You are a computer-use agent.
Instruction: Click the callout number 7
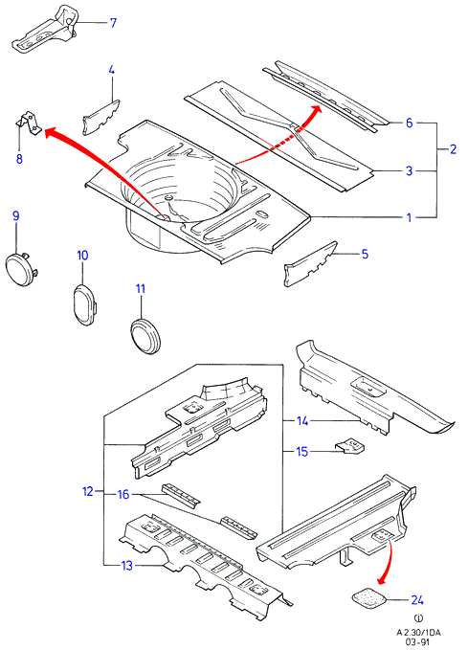coord(113,22)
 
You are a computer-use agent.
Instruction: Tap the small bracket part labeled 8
coord(29,123)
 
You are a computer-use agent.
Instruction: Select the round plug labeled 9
coord(21,269)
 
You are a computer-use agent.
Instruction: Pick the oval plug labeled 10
coord(84,304)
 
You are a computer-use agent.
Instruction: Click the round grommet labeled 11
coord(145,335)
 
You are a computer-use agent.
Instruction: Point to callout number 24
coord(417,600)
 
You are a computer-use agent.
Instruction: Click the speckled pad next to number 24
coord(368,598)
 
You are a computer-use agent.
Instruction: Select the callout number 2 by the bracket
coord(453,149)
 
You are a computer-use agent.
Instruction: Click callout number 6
coord(409,123)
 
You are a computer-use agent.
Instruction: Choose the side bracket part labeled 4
coord(101,117)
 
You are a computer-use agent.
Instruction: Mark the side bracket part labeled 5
coord(311,264)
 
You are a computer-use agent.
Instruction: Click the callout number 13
coord(127,566)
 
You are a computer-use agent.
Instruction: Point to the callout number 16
coord(123,494)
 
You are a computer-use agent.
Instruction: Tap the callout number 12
coord(88,492)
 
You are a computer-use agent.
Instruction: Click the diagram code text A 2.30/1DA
coord(418,633)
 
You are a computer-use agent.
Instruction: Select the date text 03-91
coord(418,642)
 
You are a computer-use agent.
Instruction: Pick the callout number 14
coord(302,421)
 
